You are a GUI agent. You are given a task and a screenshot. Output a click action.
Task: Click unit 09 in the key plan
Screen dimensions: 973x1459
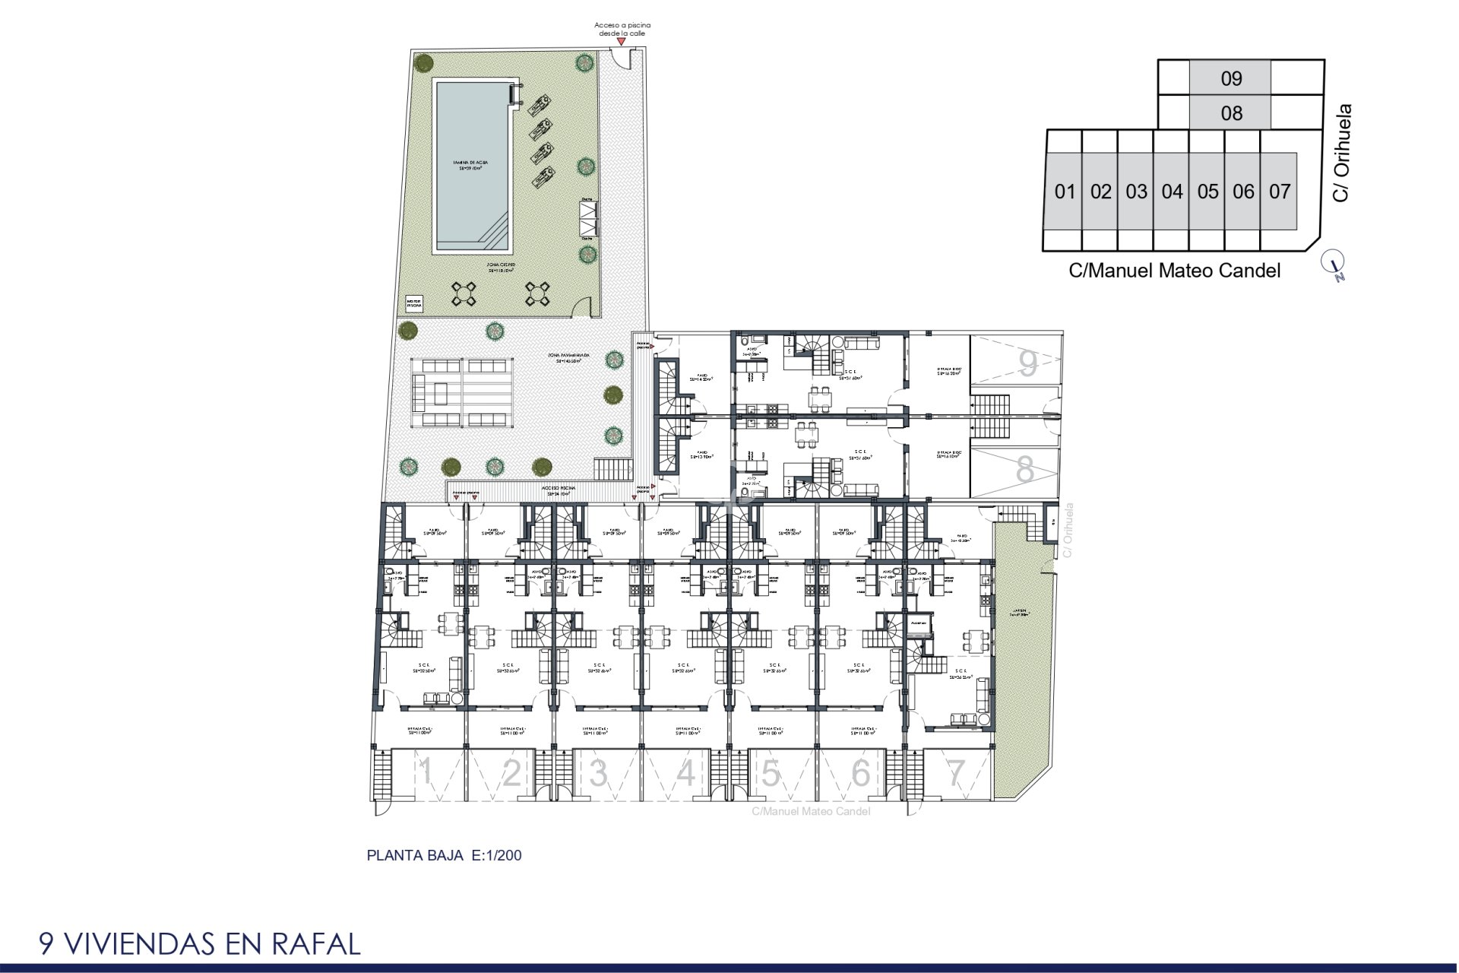click(1230, 78)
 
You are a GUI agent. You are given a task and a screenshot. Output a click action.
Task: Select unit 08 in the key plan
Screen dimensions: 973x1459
click(1230, 113)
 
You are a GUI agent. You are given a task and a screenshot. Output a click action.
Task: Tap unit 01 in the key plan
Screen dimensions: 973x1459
click(1064, 192)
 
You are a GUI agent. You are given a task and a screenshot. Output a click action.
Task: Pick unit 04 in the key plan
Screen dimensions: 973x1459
click(1171, 192)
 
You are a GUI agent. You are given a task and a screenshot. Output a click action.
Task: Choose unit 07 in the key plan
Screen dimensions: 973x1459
click(1279, 192)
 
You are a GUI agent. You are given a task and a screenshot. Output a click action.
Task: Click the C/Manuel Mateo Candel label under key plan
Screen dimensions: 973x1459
click(1174, 271)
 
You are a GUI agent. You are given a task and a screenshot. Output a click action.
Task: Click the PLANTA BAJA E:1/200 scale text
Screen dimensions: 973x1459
click(444, 855)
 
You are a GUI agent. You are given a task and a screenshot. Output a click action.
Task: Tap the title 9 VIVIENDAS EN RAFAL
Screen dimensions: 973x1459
click(200, 943)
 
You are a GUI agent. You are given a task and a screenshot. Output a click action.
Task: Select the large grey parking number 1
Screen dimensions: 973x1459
click(426, 773)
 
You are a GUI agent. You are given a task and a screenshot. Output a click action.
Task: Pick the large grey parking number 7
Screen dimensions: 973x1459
click(955, 773)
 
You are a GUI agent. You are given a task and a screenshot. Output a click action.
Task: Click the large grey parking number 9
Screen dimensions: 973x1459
click(1027, 364)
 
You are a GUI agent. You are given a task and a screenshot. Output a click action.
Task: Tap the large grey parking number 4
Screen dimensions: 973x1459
click(685, 773)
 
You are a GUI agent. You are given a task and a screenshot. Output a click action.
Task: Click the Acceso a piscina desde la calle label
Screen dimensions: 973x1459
click(622, 29)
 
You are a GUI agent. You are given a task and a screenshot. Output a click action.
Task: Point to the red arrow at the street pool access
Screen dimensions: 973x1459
click(621, 42)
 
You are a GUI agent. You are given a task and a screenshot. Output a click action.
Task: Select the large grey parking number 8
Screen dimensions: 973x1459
click(1025, 470)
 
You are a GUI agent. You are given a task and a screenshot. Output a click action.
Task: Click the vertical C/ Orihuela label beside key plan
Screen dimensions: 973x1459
click(1342, 153)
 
